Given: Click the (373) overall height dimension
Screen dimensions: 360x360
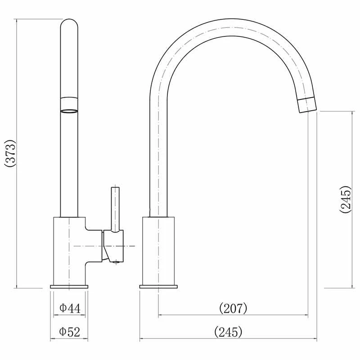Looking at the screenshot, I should (x=10, y=153).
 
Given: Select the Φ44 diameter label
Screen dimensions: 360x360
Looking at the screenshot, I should (x=69, y=308).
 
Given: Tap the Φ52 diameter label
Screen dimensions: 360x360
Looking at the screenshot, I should (x=69, y=332).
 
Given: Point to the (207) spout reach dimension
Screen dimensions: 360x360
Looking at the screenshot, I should (x=233, y=308).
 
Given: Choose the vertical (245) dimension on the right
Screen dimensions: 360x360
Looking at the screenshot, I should (x=346, y=198).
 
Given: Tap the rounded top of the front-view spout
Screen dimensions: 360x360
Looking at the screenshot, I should (x=69, y=25).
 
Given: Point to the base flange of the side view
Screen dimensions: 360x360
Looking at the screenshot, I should (x=158, y=287).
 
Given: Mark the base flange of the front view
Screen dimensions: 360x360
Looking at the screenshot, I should (x=69, y=287).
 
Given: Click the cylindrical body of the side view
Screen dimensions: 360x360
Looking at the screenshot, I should (x=158, y=250).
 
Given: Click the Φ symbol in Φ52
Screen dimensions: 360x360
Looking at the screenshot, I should (x=63, y=332).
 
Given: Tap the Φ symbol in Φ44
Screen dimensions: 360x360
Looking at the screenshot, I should (x=63, y=308).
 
